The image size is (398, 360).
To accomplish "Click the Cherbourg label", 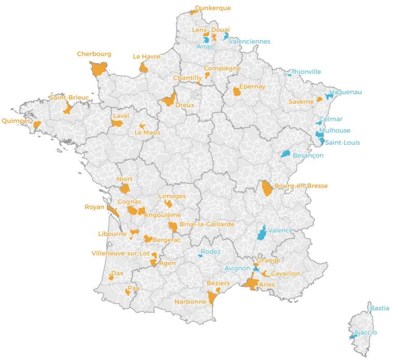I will [x=94, y=53].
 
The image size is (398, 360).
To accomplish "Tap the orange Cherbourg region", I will [x=98, y=68].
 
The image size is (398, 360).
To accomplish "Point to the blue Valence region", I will [x=262, y=233].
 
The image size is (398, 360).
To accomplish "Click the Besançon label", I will [x=308, y=155].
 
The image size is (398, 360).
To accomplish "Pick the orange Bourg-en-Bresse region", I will [x=267, y=188].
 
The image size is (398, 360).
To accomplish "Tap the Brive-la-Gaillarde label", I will [x=207, y=224].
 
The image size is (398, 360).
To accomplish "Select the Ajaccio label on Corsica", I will [x=366, y=332].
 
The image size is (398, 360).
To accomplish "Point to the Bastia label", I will [x=380, y=308].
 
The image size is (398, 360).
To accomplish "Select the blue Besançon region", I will [x=285, y=154].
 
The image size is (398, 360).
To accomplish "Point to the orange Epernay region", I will [x=237, y=92].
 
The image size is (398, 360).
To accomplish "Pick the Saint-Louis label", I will [x=342, y=142].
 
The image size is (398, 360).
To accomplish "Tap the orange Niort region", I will [x=125, y=188].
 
